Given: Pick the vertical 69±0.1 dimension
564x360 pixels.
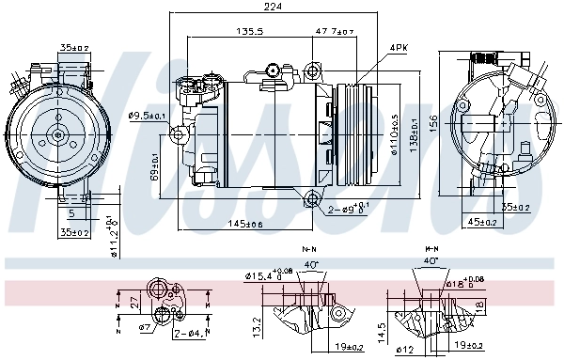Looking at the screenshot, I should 154,166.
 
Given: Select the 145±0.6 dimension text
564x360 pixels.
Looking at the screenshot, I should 245,223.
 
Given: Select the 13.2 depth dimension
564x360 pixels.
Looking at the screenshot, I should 257,326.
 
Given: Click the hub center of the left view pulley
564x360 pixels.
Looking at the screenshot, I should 58,134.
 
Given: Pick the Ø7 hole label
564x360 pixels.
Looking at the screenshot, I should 145,327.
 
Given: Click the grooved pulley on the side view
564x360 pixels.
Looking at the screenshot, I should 352,133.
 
